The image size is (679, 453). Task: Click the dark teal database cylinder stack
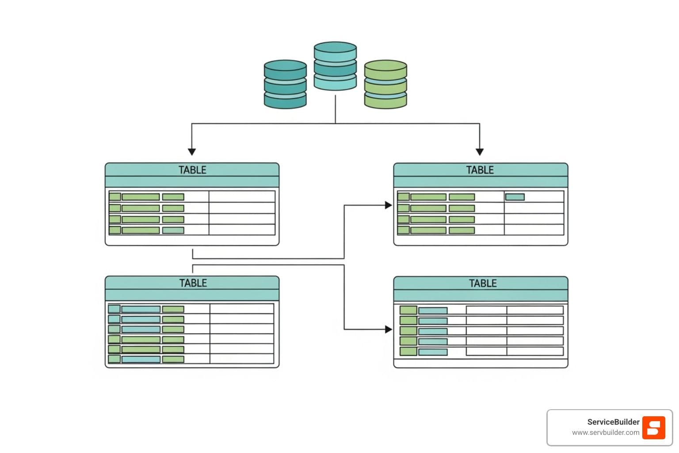[x=285, y=84]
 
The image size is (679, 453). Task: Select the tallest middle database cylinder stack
[x=335, y=66]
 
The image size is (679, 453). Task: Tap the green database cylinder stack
[x=385, y=84]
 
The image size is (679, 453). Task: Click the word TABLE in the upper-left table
[x=192, y=170]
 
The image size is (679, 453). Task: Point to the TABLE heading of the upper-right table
[x=480, y=170]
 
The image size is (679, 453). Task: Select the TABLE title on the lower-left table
[x=193, y=283]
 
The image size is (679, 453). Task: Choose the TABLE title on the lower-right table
[x=483, y=283]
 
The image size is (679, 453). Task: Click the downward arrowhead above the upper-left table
[x=192, y=152]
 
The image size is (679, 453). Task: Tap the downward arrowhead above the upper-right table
[x=480, y=152]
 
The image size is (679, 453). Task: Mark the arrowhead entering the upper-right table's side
[x=389, y=205]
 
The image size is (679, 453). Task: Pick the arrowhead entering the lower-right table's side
[x=389, y=329]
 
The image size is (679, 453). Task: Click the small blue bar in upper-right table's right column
[x=515, y=197]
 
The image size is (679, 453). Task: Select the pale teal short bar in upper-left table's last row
[x=173, y=230]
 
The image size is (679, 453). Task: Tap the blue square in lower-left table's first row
[x=114, y=309]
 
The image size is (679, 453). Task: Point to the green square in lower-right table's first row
[x=408, y=310]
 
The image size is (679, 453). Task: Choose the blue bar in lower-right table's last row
[x=433, y=352]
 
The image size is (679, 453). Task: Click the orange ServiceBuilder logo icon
[x=654, y=428]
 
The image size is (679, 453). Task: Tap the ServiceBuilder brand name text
[x=613, y=422]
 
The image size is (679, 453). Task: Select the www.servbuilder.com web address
[x=606, y=433]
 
